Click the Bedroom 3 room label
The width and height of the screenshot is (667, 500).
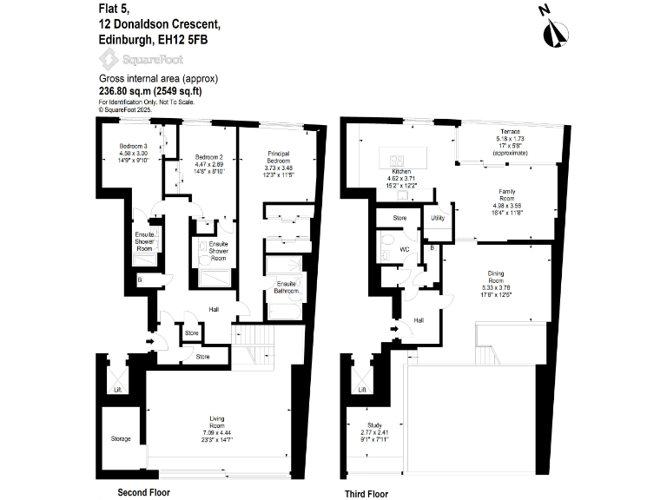(x=134, y=145)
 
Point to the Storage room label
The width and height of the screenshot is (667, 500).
(x=121, y=439)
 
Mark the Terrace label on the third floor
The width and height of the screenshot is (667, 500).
(x=511, y=130)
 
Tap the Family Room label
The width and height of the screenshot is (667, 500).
(x=506, y=192)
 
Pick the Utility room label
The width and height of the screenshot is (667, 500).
(x=438, y=219)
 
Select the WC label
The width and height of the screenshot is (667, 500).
(x=404, y=248)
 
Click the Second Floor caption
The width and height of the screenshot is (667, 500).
(x=145, y=492)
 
